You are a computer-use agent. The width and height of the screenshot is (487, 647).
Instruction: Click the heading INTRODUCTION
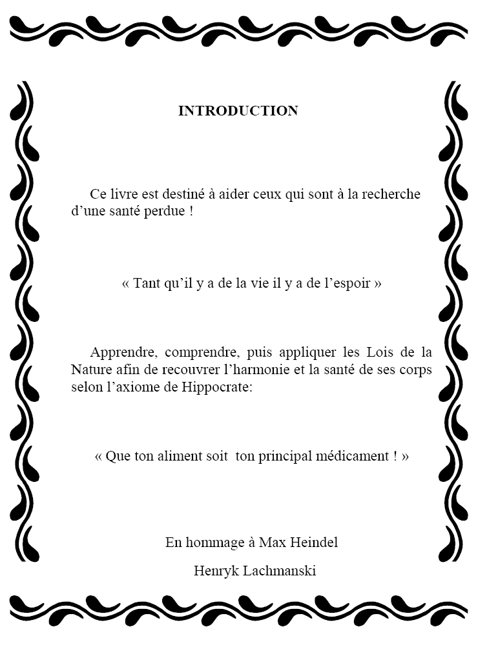click(x=238, y=111)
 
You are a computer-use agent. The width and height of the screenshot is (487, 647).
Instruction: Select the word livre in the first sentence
click(x=122, y=194)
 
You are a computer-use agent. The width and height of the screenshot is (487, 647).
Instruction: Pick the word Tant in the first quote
click(x=147, y=284)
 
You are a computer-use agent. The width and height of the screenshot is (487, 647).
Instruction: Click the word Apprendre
click(x=123, y=353)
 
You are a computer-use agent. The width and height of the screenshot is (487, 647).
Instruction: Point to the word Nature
click(x=90, y=370)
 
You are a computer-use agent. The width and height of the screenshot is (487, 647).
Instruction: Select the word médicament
click(x=354, y=456)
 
